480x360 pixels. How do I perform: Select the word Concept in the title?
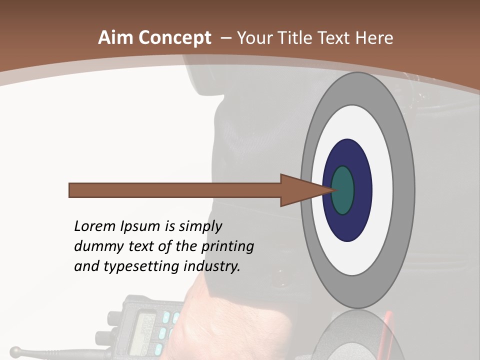pyautogui.click(x=175, y=38)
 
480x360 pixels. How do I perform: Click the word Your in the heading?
pyautogui.click(x=254, y=38)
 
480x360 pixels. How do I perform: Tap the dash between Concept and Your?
pyautogui.click(x=225, y=38)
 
